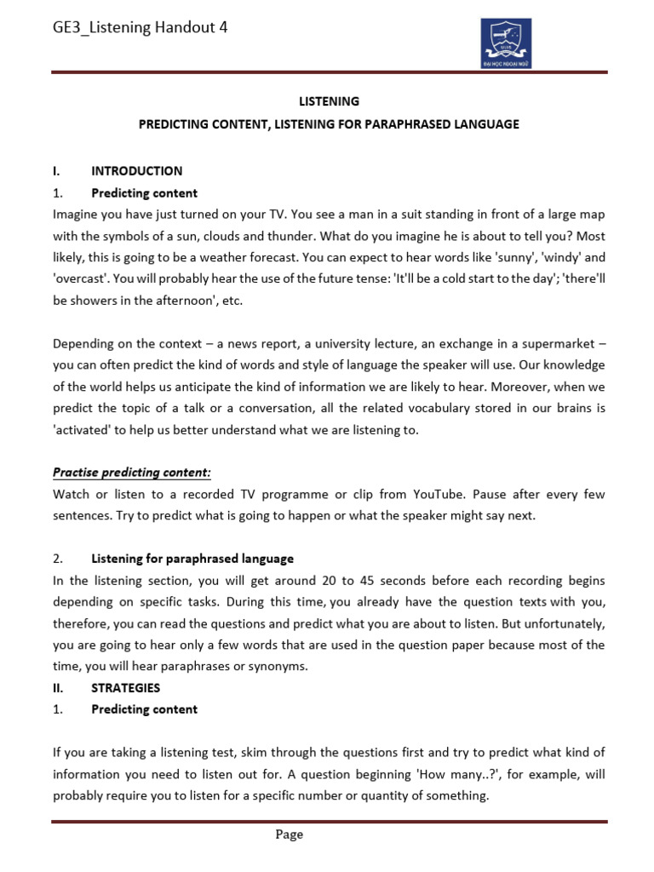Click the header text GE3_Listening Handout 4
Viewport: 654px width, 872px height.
pos(140,28)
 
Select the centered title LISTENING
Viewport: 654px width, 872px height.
pos(328,101)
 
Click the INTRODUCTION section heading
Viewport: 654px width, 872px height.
pos(136,170)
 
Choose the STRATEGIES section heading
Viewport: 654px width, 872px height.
pos(125,687)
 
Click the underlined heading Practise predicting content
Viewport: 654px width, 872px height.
pos(132,472)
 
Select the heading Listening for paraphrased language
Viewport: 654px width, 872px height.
pos(192,559)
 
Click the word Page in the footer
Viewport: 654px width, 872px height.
pos(289,835)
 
